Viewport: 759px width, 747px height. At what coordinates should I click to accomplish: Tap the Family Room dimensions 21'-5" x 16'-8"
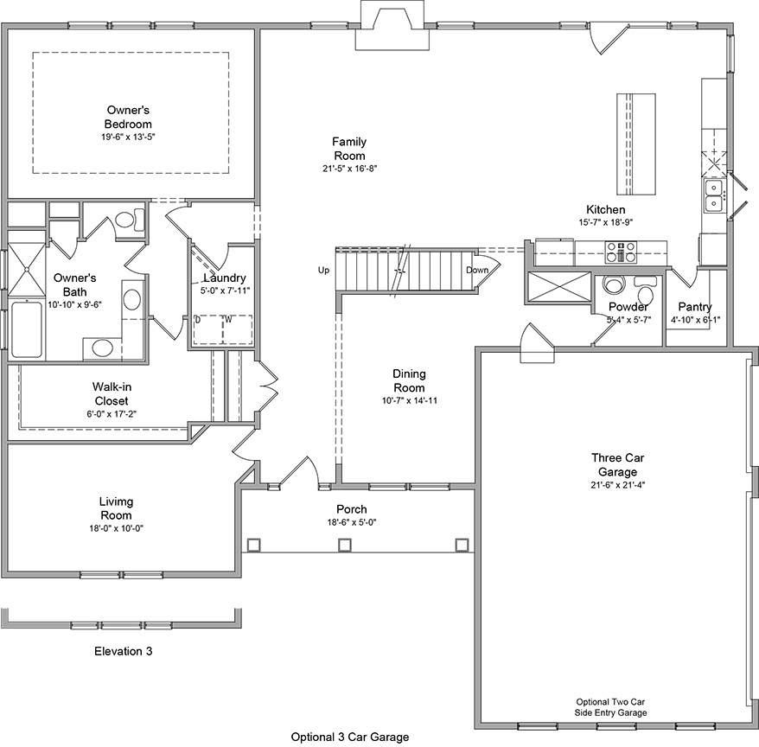click(x=350, y=169)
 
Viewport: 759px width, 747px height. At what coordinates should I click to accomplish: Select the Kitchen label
click(x=605, y=210)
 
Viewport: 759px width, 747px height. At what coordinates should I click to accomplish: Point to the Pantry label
click(x=694, y=307)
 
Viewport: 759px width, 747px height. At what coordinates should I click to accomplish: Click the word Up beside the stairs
click(x=324, y=271)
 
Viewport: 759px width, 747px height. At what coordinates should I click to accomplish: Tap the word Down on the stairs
click(x=477, y=270)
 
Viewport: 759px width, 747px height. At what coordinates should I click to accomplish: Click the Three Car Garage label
click(x=615, y=464)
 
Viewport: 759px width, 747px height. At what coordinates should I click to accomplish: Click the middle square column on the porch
click(x=345, y=545)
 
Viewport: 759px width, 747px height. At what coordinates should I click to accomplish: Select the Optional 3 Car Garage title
click(x=349, y=737)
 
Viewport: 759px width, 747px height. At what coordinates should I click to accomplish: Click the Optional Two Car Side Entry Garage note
click(x=611, y=707)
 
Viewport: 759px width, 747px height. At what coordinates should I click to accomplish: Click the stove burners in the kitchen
click(x=621, y=252)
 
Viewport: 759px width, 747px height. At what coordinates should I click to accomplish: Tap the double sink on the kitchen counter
click(x=714, y=196)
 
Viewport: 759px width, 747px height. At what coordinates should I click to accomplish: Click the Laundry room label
click(x=225, y=278)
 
